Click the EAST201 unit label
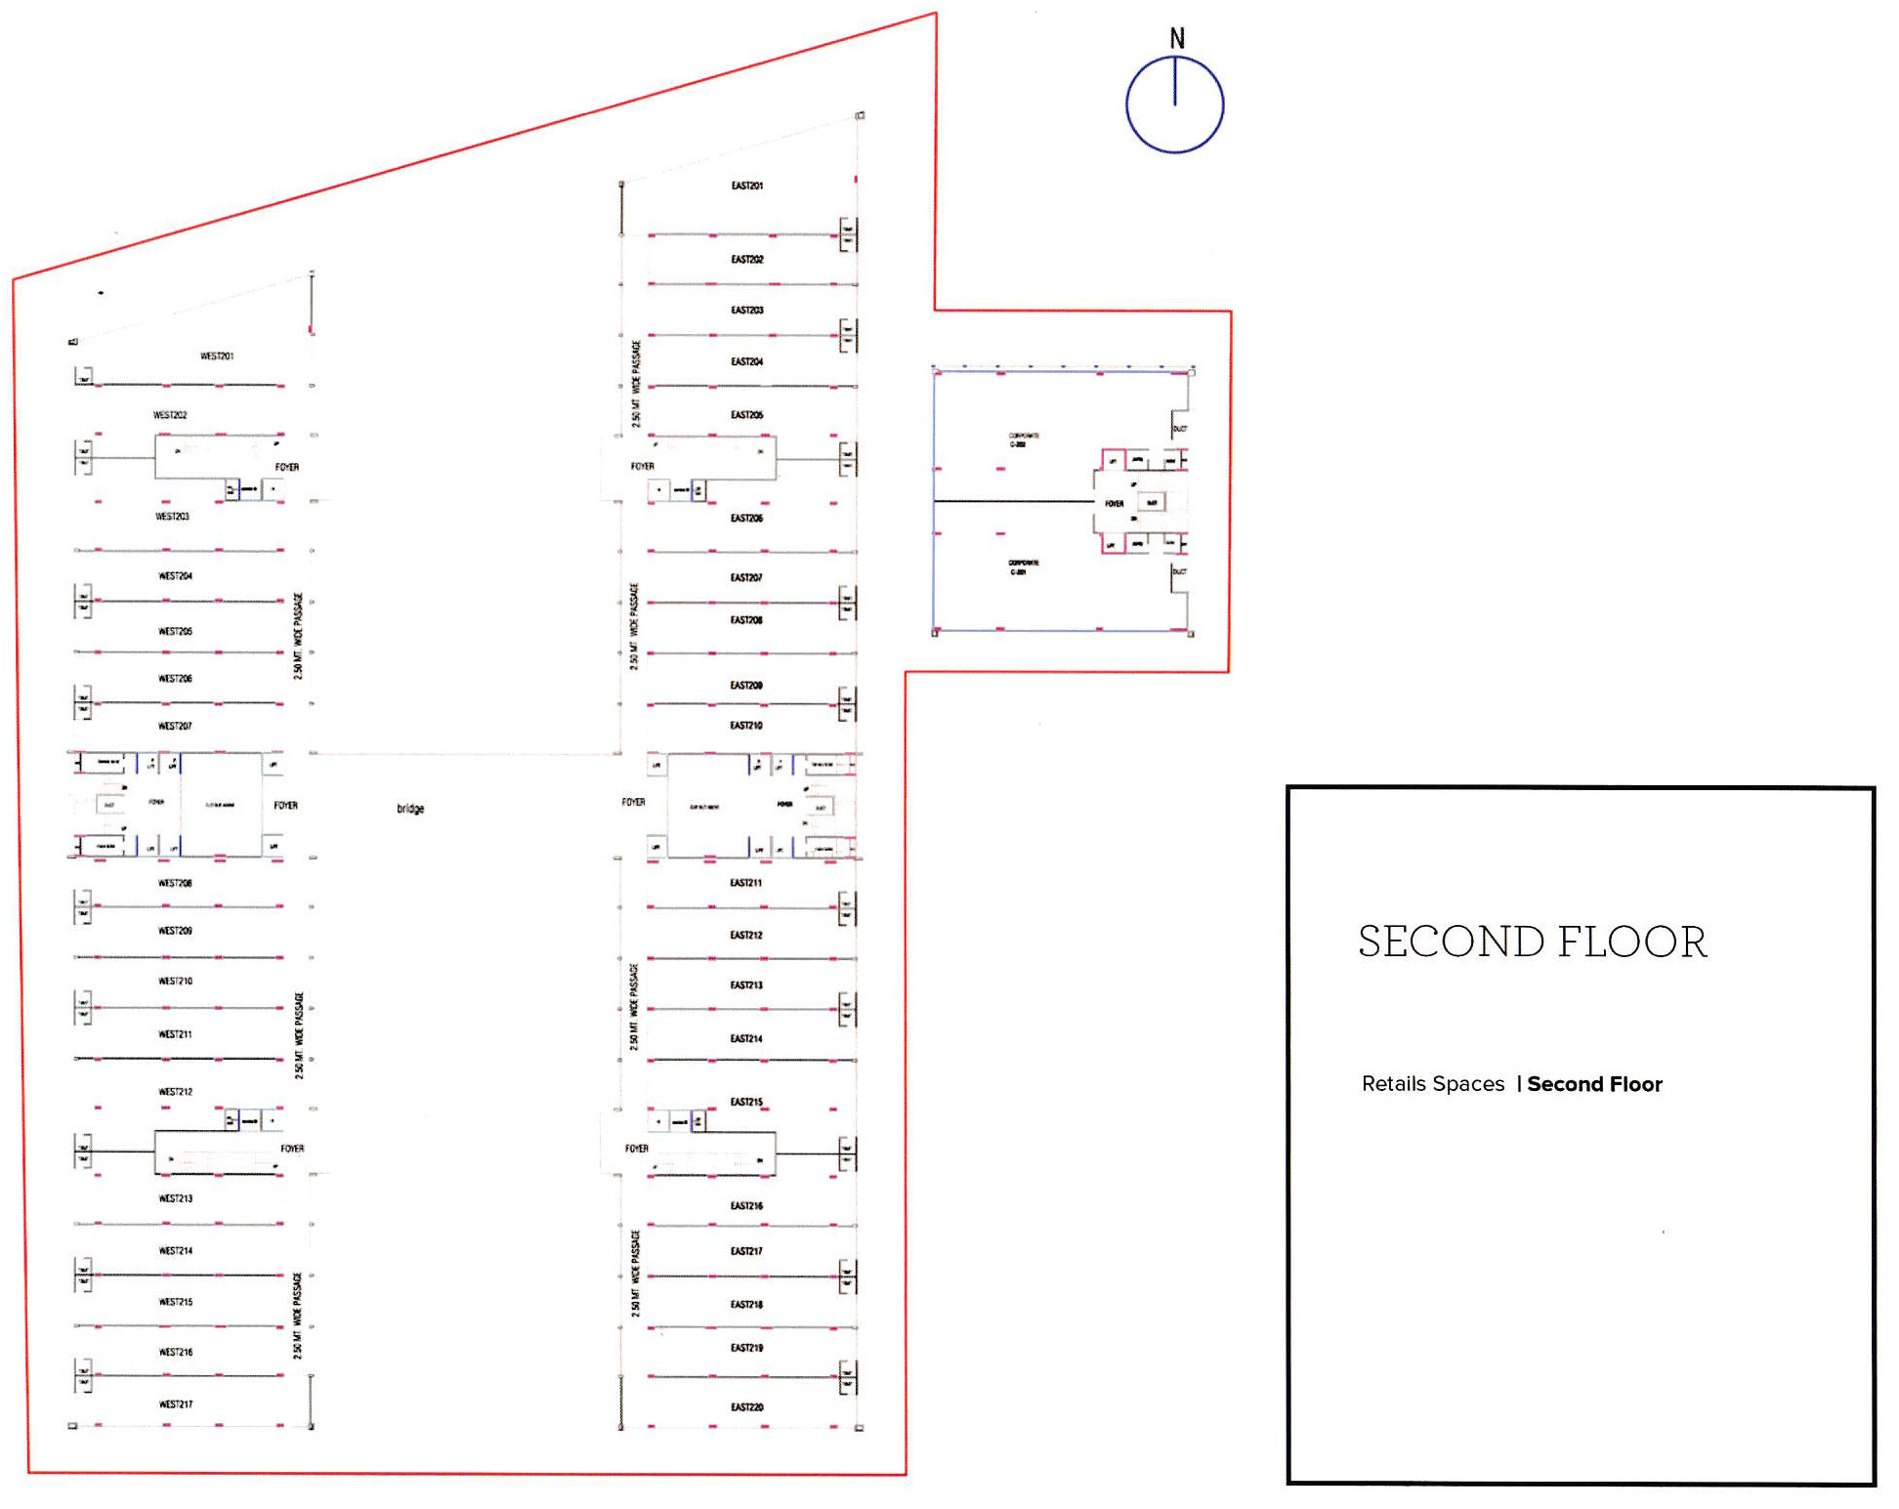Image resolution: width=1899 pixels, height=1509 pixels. click(x=746, y=186)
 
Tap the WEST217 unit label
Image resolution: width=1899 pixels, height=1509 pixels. click(x=176, y=1404)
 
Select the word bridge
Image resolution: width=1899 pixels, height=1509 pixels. click(x=410, y=809)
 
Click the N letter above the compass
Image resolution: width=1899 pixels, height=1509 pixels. click(x=1177, y=39)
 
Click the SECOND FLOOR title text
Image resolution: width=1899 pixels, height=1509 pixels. click(x=1532, y=943)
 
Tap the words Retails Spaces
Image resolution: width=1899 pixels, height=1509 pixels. click(x=1432, y=1084)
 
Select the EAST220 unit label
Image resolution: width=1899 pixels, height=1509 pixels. click(x=746, y=1407)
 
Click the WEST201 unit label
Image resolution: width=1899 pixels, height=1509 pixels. click(x=217, y=356)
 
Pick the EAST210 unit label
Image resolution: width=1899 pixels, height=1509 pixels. click(x=746, y=726)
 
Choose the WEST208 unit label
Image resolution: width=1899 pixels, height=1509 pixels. click(x=176, y=883)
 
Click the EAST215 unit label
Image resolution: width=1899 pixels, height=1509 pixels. click(x=746, y=1102)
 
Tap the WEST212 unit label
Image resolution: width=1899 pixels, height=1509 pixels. click(x=176, y=1092)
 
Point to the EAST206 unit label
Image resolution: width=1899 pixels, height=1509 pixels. click(x=746, y=519)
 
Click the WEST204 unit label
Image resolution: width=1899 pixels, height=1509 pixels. click(x=176, y=576)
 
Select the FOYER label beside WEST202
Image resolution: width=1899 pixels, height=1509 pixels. click(x=286, y=468)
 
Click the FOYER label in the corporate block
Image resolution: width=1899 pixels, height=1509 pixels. click(x=1114, y=504)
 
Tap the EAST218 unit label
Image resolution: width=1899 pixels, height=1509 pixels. click(x=746, y=1305)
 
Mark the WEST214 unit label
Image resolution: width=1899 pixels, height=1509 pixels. click(x=176, y=1251)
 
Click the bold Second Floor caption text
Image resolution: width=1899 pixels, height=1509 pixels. click(x=1594, y=1084)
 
